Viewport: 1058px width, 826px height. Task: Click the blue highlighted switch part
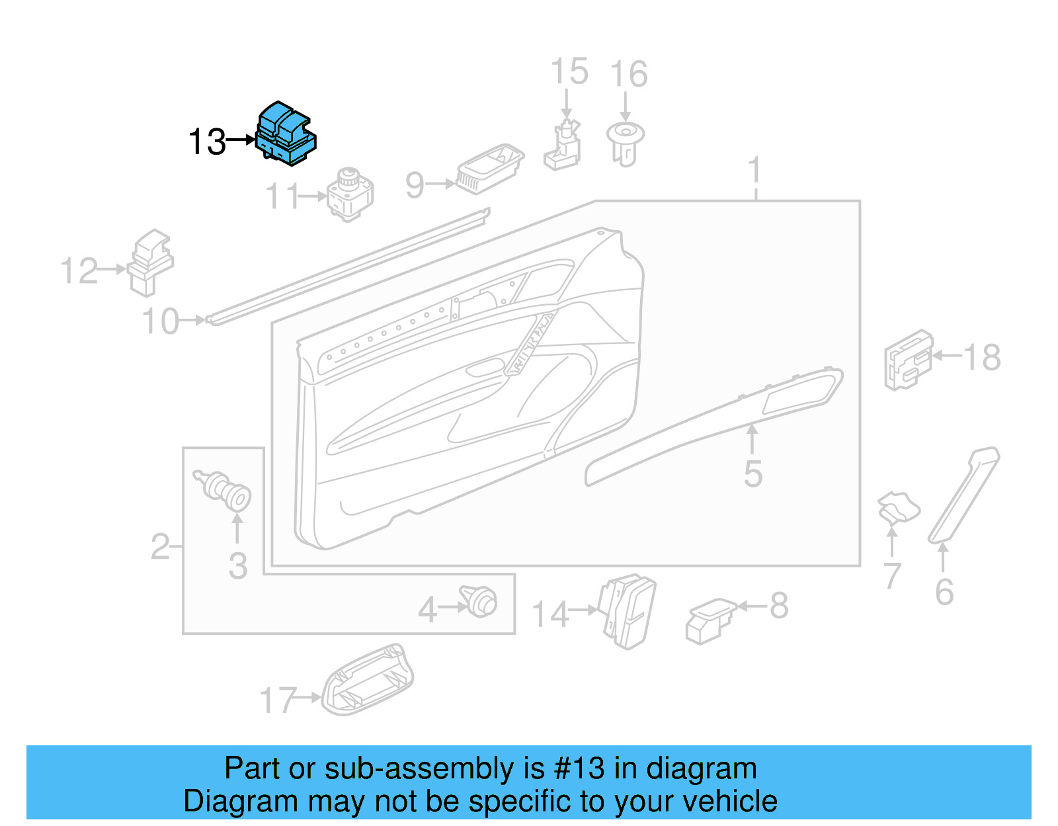[286, 134]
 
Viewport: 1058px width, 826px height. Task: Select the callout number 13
[207, 142]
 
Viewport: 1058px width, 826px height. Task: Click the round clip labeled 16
[625, 143]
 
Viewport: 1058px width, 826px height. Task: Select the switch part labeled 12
[151, 263]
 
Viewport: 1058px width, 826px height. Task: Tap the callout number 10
[161, 321]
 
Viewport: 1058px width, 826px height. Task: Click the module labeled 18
[908, 360]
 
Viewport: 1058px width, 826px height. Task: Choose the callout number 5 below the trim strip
[753, 474]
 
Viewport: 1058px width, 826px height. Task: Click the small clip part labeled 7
[897, 507]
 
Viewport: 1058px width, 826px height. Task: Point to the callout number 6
[944, 591]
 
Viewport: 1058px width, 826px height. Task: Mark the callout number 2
[160, 546]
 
